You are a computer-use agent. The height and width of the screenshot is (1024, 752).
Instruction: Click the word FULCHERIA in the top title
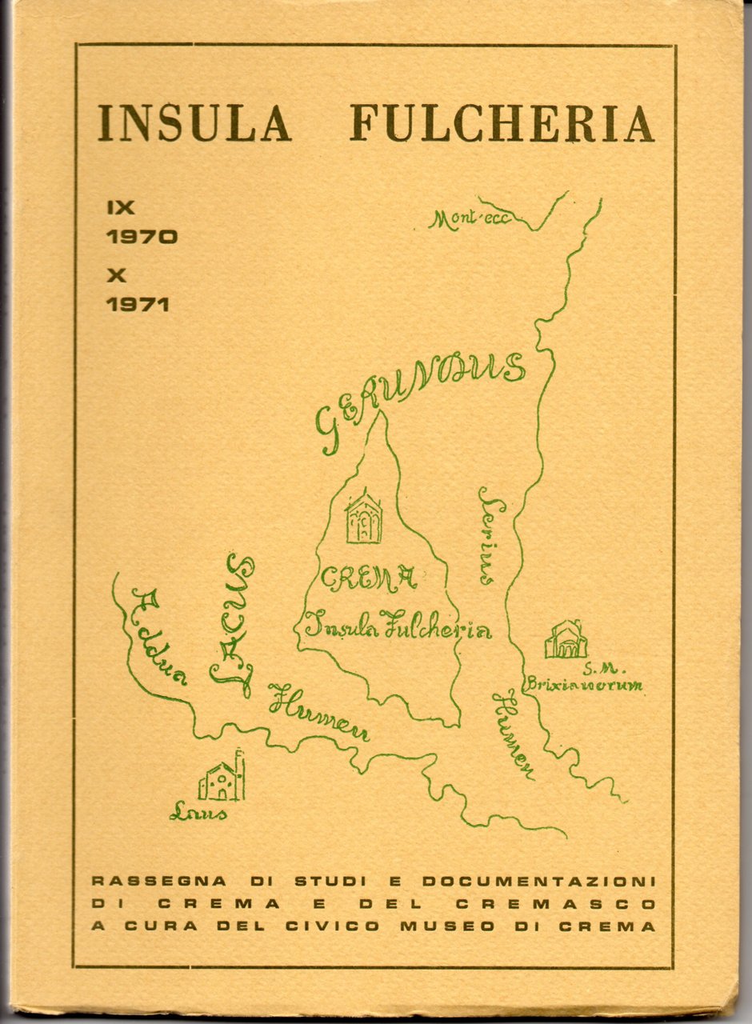tap(502, 122)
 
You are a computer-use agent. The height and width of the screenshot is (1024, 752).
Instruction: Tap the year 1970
tap(142, 237)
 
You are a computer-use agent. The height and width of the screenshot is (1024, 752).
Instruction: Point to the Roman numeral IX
tap(121, 206)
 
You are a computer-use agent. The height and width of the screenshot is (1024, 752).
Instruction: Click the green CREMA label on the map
tap(369, 578)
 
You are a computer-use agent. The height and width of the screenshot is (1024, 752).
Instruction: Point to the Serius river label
tap(490, 535)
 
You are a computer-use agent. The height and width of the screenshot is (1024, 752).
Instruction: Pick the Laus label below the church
tap(198, 814)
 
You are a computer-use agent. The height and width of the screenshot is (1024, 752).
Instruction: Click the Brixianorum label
tap(584, 685)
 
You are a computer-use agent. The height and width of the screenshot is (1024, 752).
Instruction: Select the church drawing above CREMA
tap(363, 518)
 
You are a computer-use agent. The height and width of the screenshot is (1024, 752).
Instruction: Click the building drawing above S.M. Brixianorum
tap(566, 639)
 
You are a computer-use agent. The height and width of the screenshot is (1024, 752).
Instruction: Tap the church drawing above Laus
tap(222, 777)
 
